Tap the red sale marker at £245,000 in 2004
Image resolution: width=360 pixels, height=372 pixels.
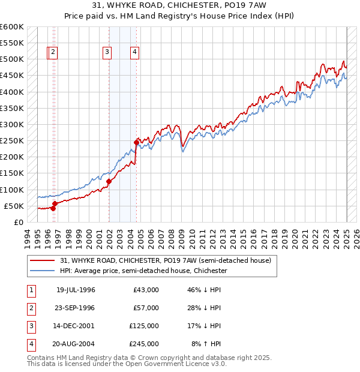[x=136, y=142]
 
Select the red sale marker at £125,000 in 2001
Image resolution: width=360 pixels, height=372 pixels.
[x=109, y=181]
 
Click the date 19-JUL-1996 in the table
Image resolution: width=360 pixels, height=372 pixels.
[x=76, y=290]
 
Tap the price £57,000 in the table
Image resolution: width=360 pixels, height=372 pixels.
[x=146, y=308]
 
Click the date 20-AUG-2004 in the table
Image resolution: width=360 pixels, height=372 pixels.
[x=76, y=344]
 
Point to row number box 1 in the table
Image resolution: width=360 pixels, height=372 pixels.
[x=30, y=290]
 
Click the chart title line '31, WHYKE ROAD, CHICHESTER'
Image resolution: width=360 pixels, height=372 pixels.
[x=180, y=7]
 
